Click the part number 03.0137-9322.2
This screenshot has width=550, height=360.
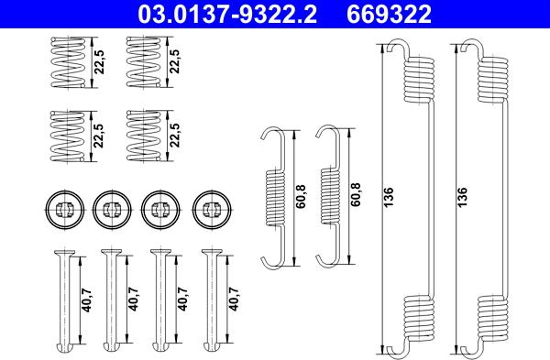click(227, 14)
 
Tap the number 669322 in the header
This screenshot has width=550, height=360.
click(389, 14)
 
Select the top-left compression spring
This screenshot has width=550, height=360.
click(69, 62)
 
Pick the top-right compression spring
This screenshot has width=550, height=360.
click(144, 62)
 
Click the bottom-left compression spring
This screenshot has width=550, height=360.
click(69, 136)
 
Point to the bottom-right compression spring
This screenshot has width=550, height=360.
click(144, 136)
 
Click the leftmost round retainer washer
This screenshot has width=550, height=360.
click(65, 210)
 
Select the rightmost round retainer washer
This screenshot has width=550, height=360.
click(212, 210)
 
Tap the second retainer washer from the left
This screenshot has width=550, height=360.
click(112, 210)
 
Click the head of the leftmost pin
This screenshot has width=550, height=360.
click(65, 252)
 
